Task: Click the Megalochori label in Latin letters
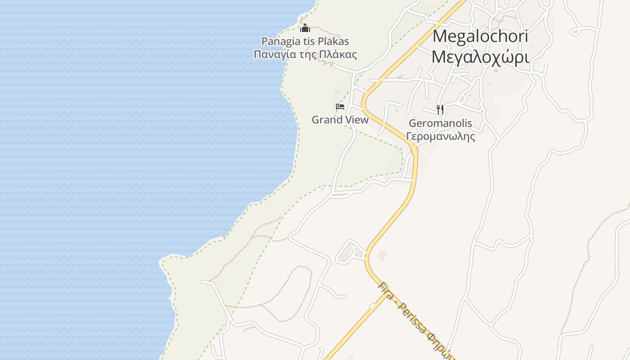tap(480, 36)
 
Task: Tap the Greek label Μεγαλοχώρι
tap(480, 57)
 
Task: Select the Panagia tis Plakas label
tap(305, 41)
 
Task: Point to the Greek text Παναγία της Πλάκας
tap(305, 55)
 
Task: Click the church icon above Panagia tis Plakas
tap(305, 28)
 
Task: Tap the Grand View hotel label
tap(340, 120)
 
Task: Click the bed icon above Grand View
tap(340, 107)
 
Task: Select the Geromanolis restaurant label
tap(441, 123)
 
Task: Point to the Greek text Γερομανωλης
tap(441, 136)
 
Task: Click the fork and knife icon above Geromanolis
tap(440, 109)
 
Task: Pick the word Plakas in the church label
tap(333, 41)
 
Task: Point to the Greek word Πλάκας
tap(341, 55)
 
